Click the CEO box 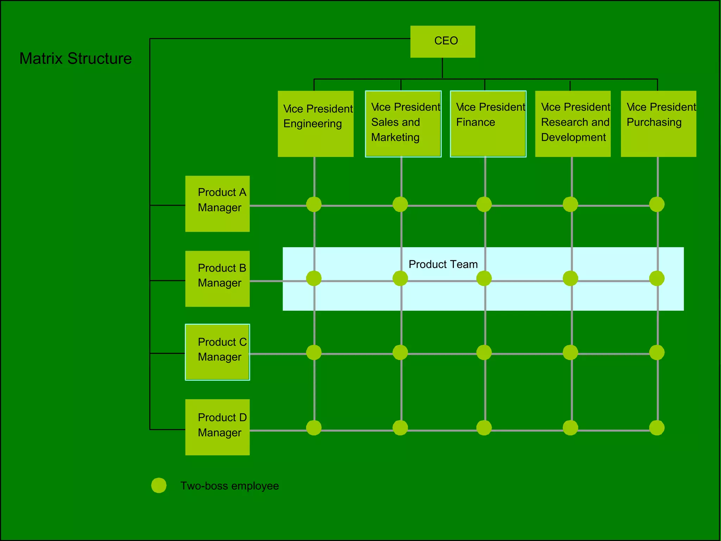click(443, 42)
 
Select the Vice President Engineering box click(315, 124)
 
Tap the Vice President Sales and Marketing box click(403, 124)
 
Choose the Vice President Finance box click(488, 124)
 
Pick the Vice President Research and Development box click(573, 124)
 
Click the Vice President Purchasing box click(658, 124)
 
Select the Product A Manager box click(217, 204)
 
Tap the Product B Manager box click(217, 279)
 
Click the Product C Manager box click(217, 352)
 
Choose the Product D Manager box click(217, 427)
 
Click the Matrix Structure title click(75, 58)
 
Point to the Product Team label click(443, 264)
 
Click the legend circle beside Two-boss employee click(159, 485)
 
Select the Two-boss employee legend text click(230, 486)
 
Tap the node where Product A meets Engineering click(314, 204)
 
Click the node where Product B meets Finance click(484, 279)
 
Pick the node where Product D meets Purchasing click(657, 428)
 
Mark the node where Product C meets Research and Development click(570, 352)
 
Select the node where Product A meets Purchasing click(657, 204)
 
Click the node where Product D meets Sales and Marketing click(400, 428)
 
